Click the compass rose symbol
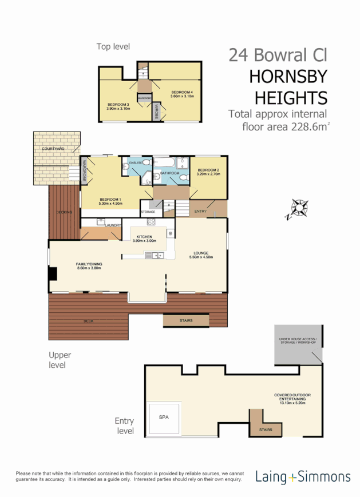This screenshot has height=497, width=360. pos(299,208)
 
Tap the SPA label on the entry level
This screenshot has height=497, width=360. pos(164,417)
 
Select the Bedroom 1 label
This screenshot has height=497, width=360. pos(110,200)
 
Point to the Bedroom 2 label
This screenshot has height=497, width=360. pos(208,170)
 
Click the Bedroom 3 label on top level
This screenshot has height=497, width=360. pos(118,104)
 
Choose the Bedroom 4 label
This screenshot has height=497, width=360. pos(182,92)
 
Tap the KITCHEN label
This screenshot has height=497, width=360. pos(144,237)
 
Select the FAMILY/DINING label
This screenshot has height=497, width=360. pos(89,264)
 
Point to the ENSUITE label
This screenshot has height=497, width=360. pos(135,164)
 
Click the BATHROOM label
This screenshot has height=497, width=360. pos(169,173)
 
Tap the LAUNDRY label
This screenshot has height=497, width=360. pos(113,225)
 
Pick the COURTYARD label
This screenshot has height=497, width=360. pos(53,149)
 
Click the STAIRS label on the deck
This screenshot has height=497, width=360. pos(185,320)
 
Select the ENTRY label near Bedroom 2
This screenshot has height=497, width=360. pos(200,212)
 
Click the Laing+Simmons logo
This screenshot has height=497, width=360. pos(303,476)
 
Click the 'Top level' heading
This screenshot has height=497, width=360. pos(113,46)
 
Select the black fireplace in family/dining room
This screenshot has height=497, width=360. pos(53,274)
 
